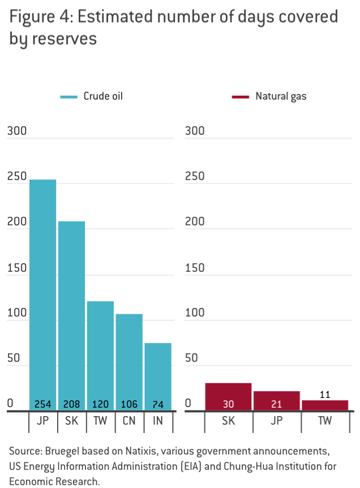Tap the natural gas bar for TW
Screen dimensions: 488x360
point(324,405)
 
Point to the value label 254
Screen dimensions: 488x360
point(43,404)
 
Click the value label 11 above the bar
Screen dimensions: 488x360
point(324,394)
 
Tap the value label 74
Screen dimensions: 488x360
point(158,404)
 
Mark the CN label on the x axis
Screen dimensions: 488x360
point(129,422)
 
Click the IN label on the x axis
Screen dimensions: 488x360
point(158,422)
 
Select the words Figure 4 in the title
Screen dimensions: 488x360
point(39,17)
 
